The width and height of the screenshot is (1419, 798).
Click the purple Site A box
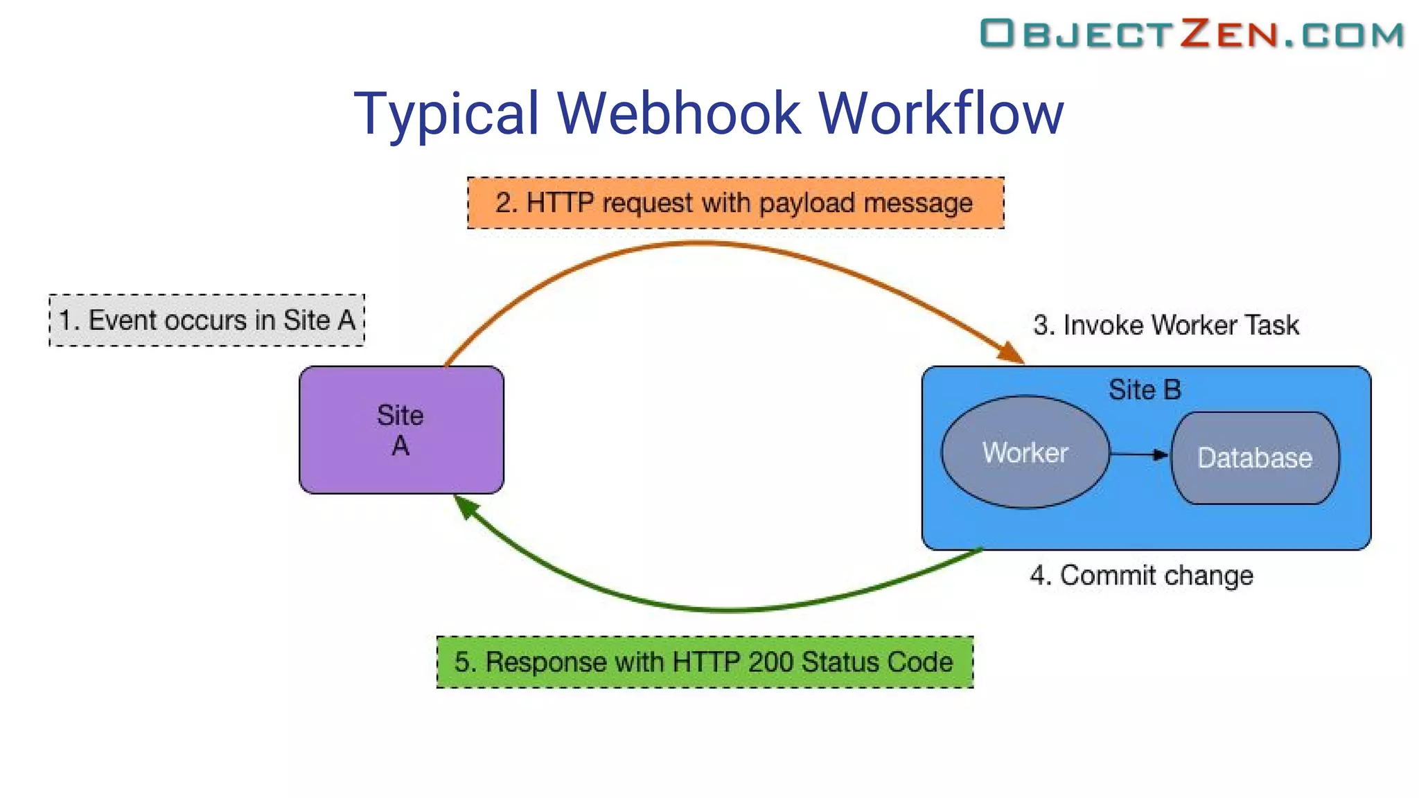401,429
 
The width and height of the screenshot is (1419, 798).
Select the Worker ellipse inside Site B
1025,452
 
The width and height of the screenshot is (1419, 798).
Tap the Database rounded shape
1255,458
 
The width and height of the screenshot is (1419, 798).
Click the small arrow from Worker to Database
1139,454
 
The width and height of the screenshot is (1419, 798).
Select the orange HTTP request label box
735,203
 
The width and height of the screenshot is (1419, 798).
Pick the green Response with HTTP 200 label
705,662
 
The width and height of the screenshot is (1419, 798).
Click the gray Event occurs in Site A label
206,320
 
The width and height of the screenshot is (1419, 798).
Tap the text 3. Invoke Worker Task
1165,325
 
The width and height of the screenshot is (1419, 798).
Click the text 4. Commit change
1141,576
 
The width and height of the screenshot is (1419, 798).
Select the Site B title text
1145,390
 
